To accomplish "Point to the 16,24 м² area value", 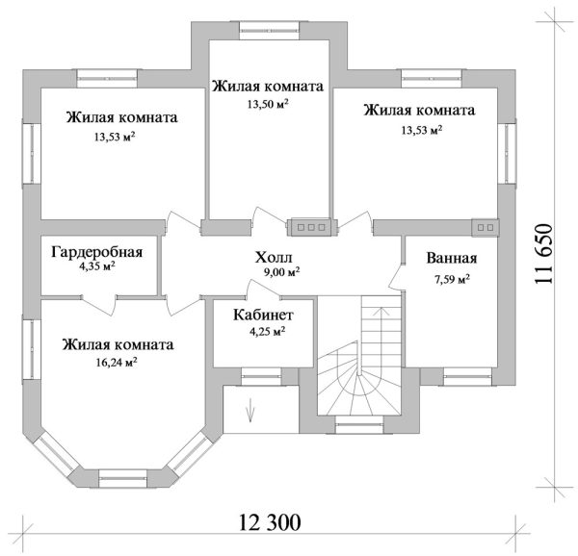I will click(115, 363).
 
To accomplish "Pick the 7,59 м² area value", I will click(451, 280).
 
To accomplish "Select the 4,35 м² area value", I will click(96, 267).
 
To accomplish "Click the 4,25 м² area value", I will click(266, 332).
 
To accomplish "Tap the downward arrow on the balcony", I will click(251, 410).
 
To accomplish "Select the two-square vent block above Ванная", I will click(485, 227).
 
